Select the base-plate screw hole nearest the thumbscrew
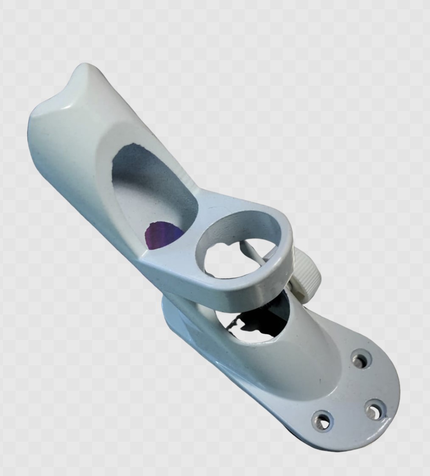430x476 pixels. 361,359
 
